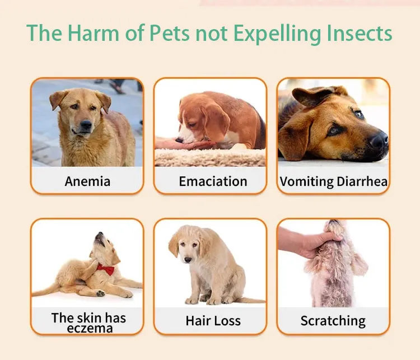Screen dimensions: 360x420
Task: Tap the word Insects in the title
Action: pyautogui.click(x=359, y=33)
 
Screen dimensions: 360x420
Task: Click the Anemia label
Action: pyautogui.click(x=87, y=181)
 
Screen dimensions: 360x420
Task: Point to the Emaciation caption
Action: pyautogui.click(x=213, y=181)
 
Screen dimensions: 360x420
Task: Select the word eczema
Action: pyautogui.click(x=88, y=328)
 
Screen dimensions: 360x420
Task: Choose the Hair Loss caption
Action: pyautogui.click(x=213, y=321)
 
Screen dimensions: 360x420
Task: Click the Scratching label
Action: pyautogui.click(x=333, y=321)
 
